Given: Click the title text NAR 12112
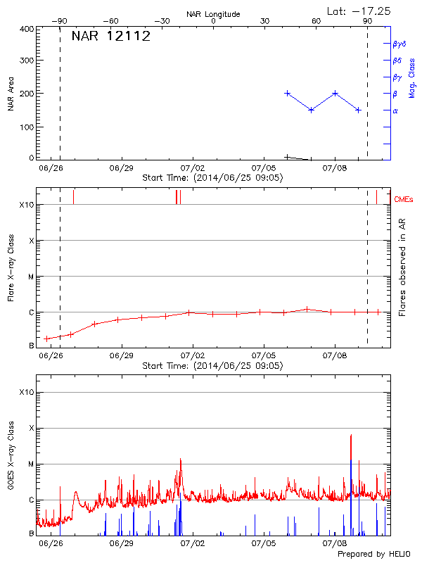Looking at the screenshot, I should click(x=111, y=37).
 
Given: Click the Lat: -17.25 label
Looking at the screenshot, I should click(x=359, y=11).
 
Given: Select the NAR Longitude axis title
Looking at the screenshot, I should click(x=213, y=14).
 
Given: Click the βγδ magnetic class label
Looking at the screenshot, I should click(x=399, y=44).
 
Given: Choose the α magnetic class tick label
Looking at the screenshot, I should click(x=395, y=110).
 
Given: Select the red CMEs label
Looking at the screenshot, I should click(x=404, y=200).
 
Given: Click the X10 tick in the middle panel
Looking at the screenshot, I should click(x=27, y=205).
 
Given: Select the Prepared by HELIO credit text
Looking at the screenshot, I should click(x=373, y=555).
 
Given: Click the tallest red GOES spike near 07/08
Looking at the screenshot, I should click(x=351, y=436).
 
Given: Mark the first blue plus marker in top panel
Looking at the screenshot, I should click(x=287, y=93).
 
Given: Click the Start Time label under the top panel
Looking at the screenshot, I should click(x=212, y=178).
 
